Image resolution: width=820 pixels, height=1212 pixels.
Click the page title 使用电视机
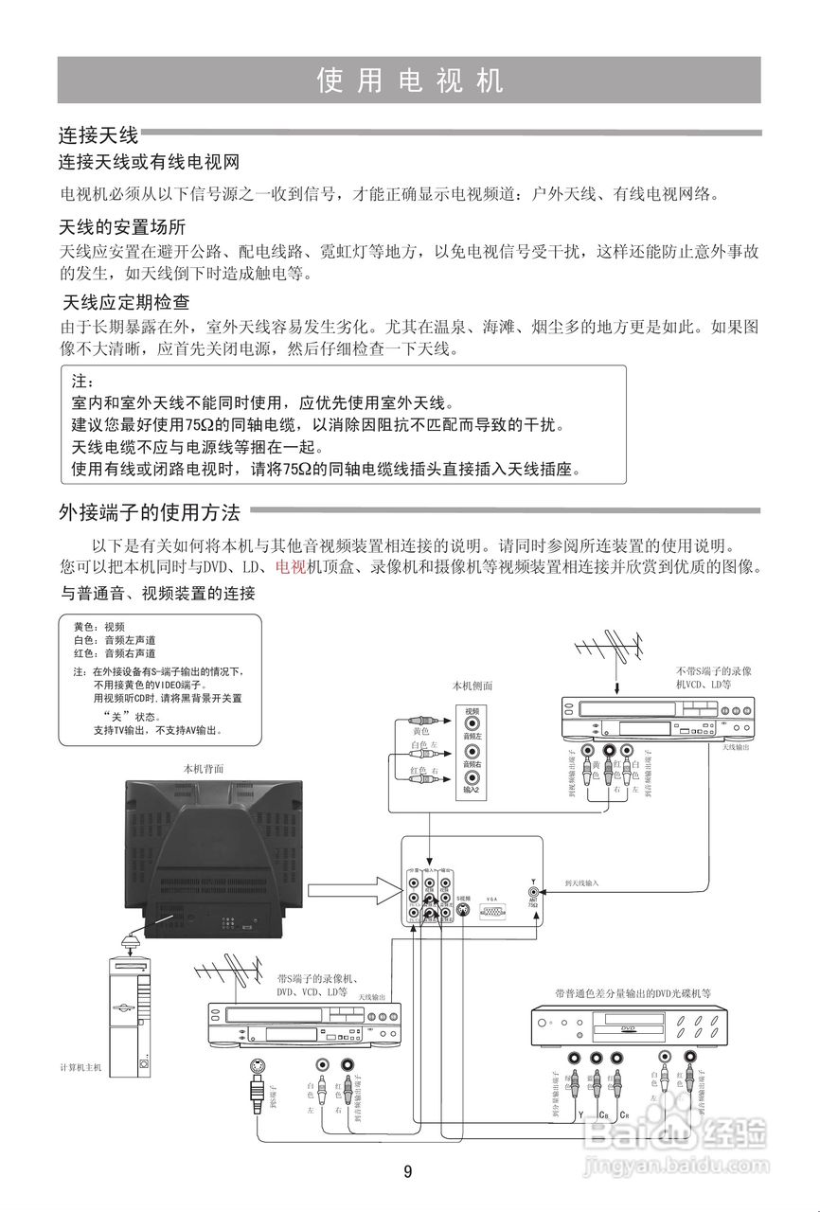(409, 80)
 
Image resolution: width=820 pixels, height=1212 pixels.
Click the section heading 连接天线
(98, 134)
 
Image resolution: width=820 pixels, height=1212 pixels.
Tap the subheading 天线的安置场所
(122, 228)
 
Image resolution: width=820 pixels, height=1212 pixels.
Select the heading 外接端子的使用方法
(150, 513)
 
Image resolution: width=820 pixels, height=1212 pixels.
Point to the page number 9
(408, 1172)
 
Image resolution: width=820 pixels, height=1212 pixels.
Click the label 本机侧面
(472, 686)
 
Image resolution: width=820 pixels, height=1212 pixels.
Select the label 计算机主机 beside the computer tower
(81, 1067)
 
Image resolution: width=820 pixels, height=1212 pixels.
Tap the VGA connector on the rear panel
(491, 911)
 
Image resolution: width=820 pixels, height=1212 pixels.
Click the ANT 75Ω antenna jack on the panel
(534, 892)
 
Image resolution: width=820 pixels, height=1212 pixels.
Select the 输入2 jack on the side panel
(471, 781)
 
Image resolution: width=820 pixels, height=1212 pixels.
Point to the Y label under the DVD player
(579, 1114)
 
